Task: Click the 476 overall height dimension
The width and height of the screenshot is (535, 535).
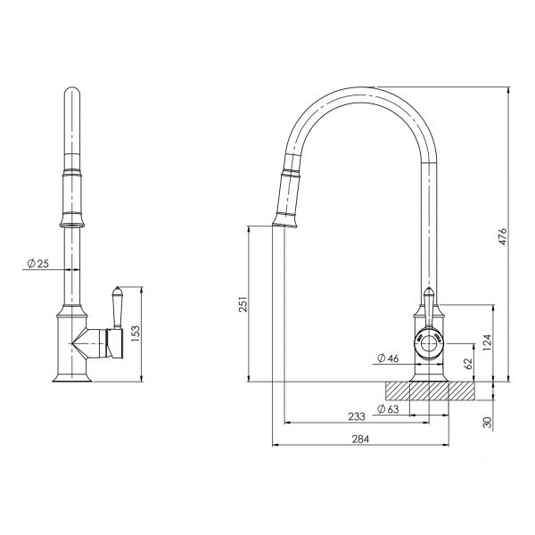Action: point(501,236)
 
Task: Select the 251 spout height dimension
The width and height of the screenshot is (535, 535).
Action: point(242,306)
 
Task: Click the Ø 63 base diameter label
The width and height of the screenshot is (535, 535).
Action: point(386,409)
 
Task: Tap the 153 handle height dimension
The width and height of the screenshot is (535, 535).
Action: point(136,333)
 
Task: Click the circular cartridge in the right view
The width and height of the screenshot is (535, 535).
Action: point(429,342)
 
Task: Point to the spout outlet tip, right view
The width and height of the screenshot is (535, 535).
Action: point(284,225)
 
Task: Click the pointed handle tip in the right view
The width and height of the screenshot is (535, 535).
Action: point(429,293)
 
